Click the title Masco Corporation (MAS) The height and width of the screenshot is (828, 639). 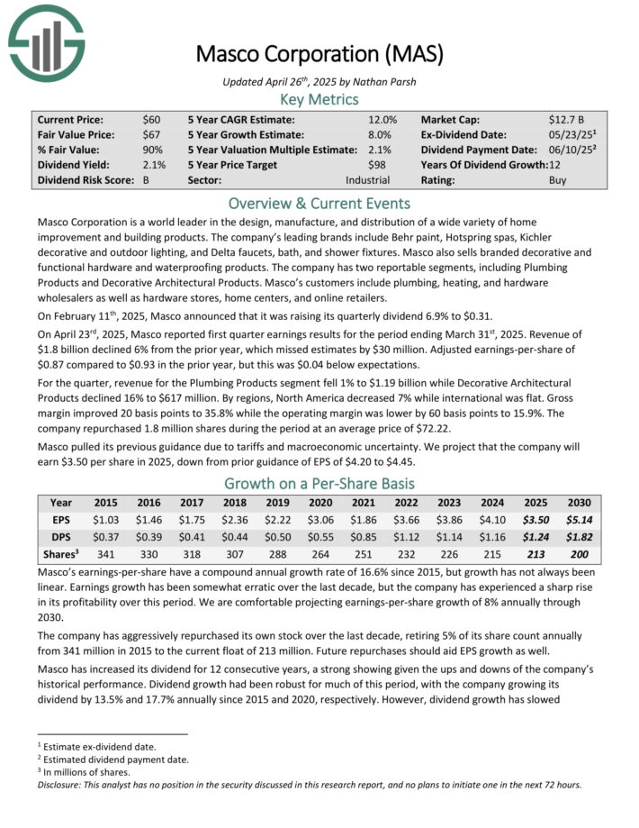point(319,53)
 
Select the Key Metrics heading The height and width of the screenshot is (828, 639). point(319,99)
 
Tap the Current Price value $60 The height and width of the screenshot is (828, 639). point(151,119)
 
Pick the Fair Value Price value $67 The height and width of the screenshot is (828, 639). point(151,134)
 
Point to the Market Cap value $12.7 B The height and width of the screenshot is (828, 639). point(568,119)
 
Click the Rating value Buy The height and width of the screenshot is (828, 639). point(558,180)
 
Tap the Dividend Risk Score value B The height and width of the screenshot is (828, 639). point(146,180)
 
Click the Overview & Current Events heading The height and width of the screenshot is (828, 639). point(319,203)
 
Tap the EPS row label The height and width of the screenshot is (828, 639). point(61,519)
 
